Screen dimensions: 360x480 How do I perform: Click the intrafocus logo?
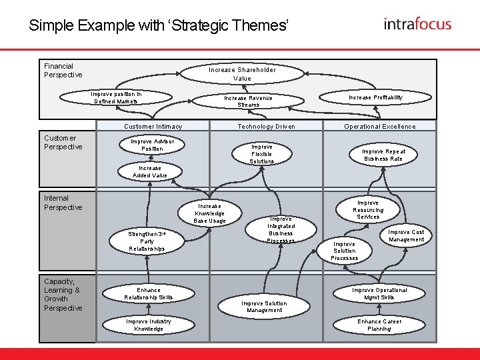[417, 25]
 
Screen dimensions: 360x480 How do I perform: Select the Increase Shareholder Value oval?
[242, 74]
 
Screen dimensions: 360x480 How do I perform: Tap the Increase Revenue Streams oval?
[248, 101]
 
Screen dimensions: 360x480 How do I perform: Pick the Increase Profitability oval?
[376, 97]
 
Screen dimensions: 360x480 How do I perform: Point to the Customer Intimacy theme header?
[153, 126]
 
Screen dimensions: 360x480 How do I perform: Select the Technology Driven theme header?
[266, 126]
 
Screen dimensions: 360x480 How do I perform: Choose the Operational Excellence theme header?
[379, 126]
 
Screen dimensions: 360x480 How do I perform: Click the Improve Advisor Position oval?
[152, 145]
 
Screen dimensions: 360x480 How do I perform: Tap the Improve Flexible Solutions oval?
[261, 154]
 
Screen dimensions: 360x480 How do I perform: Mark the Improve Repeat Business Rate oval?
[383, 155]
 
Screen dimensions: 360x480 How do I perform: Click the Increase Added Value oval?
[149, 172]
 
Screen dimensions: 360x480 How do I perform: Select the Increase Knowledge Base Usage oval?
[209, 213]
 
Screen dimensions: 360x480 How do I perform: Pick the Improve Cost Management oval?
[406, 236]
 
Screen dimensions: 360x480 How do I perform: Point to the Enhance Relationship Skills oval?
[148, 294]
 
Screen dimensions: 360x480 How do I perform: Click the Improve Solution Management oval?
[264, 307]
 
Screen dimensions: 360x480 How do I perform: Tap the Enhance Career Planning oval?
[379, 325]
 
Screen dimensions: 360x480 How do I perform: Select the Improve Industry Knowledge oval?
[148, 325]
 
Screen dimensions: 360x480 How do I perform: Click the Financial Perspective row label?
[63, 71]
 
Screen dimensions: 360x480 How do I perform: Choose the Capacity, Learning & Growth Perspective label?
[63, 295]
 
